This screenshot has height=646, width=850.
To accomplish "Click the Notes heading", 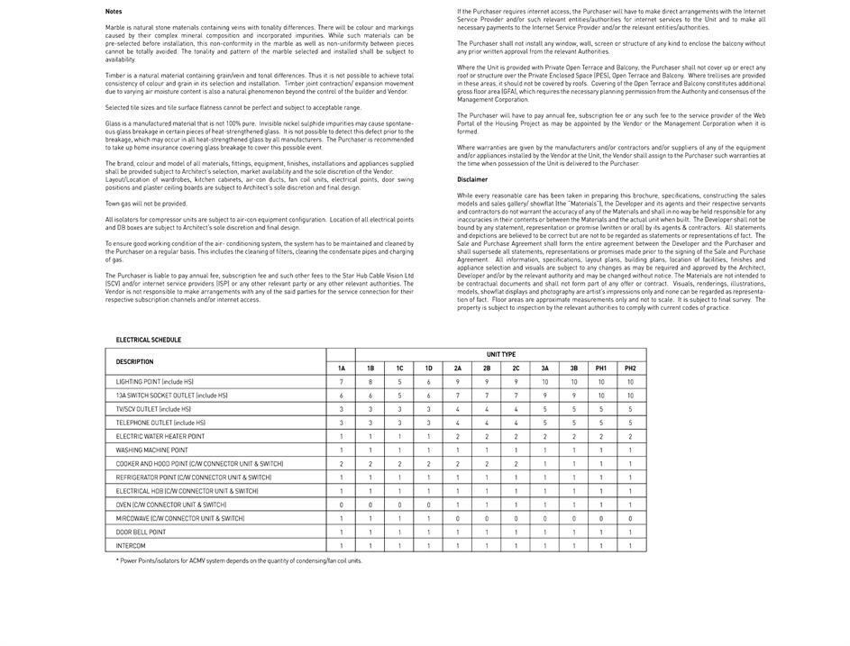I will click(114, 12).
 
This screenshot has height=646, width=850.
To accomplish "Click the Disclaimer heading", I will click(472, 179).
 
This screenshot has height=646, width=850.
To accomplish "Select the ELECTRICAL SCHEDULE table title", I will click(148, 340).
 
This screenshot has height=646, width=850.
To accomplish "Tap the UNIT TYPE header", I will click(501, 355).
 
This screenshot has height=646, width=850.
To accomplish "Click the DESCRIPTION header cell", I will click(134, 361).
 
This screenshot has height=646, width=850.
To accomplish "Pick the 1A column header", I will click(341, 368).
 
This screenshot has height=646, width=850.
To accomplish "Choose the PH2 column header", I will click(630, 368).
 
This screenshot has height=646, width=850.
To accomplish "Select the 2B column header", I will click(487, 368).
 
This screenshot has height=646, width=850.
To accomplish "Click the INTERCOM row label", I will click(131, 546).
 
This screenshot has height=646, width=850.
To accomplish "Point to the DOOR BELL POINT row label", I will click(141, 532).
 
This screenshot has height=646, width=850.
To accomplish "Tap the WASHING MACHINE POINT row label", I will click(151, 450).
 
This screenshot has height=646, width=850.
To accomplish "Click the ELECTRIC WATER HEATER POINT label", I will click(160, 436).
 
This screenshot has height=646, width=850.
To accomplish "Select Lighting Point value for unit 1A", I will click(341, 382).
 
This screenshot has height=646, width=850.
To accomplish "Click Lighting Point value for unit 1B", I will click(370, 382).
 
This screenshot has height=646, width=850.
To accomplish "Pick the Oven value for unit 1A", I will click(341, 505).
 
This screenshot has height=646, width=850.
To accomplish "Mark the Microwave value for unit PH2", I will click(630, 518).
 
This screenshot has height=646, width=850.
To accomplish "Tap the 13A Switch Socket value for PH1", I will click(601, 396).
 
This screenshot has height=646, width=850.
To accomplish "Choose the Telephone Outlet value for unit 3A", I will click(544, 423).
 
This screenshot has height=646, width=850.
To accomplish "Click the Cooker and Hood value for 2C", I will click(516, 464).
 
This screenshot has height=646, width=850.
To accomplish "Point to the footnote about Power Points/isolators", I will click(239, 560).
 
